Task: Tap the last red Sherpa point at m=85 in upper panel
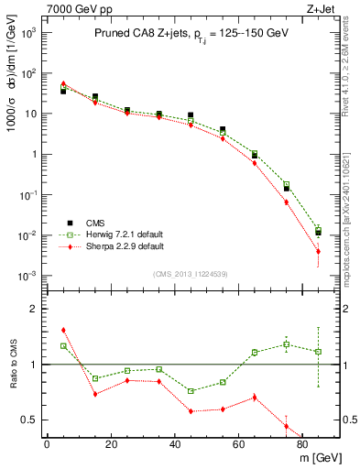click(318, 251)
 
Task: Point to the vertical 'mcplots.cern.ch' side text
click(351, 234)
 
